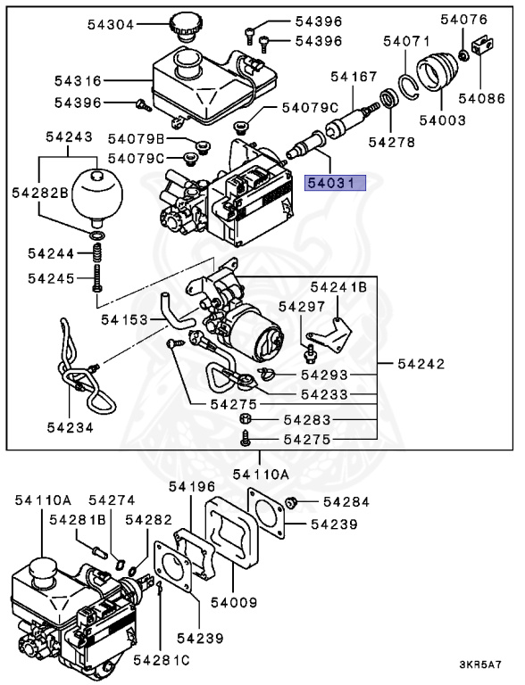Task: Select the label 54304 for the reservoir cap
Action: pos(112,25)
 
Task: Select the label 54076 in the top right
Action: pos(465,20)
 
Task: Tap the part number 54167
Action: pos(354,78)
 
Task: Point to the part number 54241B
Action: pos(338,287)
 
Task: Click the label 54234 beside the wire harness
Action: pos(71,428)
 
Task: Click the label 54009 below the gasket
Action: pos(234,603)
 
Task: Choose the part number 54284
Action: pos(347,502)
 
